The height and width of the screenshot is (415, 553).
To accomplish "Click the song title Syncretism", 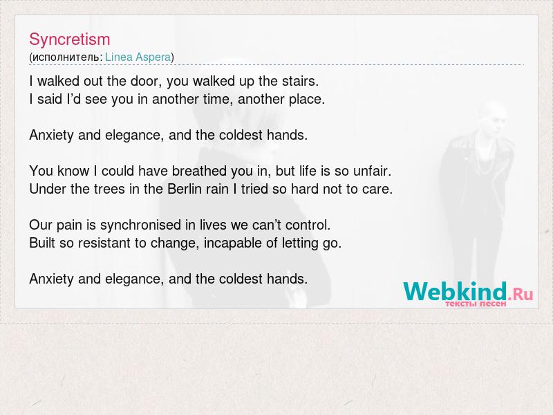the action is point(70,39).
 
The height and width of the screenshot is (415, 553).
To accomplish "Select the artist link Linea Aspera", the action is point(138,57).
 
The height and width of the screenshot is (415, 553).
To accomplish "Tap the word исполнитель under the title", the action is point(66,57).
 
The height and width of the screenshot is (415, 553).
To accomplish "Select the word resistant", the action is point(105,243).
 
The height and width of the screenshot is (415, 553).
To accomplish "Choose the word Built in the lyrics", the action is point(42,243).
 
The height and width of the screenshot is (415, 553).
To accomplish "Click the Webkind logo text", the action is point(455,291).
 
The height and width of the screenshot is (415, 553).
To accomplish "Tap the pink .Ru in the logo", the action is point(521,293).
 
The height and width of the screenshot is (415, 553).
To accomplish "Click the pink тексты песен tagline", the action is point(476,304).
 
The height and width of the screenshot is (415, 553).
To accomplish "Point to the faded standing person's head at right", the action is point(493,116).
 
